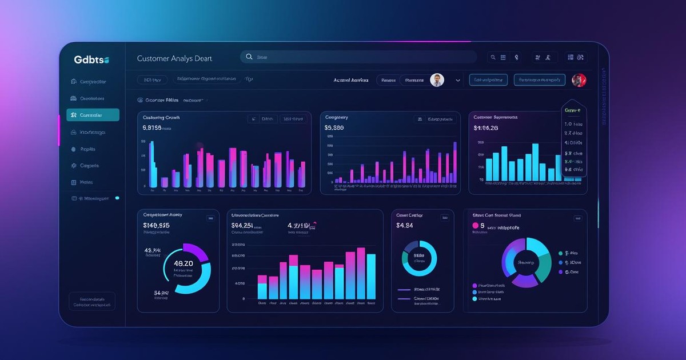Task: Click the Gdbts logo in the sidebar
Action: [x=91, y=59]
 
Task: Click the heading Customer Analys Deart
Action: [x=174, y=58]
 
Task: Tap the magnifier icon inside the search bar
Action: [x=249, y=57]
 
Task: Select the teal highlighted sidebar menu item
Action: [x=93, y=115]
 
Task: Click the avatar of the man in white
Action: [x=437, y=80]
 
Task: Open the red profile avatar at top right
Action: [x=579, y=80]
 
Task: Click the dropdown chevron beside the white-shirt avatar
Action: [x=458, y=81]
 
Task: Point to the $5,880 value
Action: [x=334, y=128]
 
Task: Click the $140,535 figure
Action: [x=156, y=226]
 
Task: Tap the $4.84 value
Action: [x=404, y=226]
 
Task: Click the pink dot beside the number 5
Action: [x=474, y=226]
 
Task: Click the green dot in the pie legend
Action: [x=560, y=253]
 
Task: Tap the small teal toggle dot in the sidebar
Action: [x=117, y=198]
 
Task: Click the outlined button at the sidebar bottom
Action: [x=91, y=302]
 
